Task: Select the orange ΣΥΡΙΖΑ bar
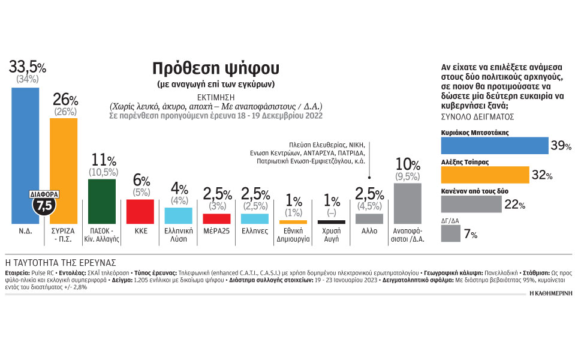tap(63, 171)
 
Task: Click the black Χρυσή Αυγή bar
tap(331, 222)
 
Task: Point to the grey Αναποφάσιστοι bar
tap(408, 203)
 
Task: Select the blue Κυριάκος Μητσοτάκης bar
tap(495, 146)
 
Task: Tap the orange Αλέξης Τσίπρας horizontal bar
tap(484, 175)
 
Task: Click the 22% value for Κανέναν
tap(514, 205)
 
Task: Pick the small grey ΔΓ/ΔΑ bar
tap(451, 233)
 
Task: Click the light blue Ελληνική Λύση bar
tap(178, 215)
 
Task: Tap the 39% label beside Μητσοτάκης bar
tap(561, 146)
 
